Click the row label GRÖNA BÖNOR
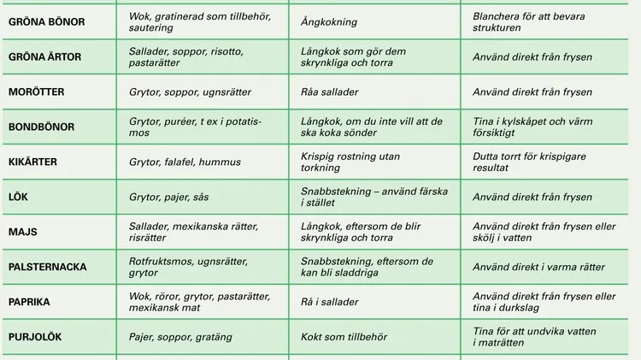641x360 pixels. [46, 21]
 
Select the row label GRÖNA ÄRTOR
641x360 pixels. [46, 56]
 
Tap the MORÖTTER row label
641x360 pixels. [36, 91]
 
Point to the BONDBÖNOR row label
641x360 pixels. [41, 127]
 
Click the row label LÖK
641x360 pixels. [18, 197]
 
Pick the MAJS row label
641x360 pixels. [22, 232]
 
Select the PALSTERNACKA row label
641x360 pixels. [47, 267]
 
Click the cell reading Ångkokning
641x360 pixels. [329, 21]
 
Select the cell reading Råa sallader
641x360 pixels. [330, 91]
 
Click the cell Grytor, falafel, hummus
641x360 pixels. [185, 162]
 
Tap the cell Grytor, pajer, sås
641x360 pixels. [168, 197]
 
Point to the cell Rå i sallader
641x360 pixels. [329, 302]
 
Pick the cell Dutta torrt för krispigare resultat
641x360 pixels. [530, 162]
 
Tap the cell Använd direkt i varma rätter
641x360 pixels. [538, 267]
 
